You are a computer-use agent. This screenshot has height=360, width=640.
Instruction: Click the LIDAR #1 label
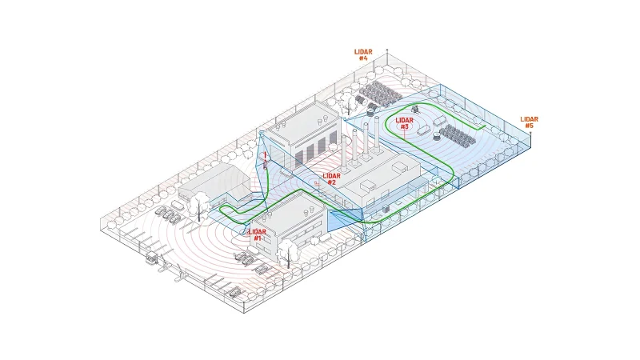(x=257, y=234)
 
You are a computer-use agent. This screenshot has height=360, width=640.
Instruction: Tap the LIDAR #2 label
(x=331, y=178)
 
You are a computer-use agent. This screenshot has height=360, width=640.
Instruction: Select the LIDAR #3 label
(x=403, y=123)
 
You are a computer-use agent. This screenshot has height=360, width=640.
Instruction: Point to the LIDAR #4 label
(x=362, y=54)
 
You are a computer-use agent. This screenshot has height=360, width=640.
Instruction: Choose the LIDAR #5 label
(x=529, y=122)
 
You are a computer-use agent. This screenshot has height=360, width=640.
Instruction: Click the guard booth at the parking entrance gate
(x=150, y=259)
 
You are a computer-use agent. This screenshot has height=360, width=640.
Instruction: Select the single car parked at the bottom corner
(x=234, y=291)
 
